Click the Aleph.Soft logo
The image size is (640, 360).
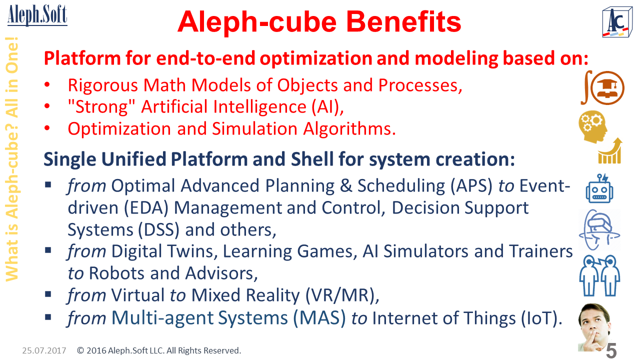[37, 15]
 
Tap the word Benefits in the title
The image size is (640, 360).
[403, 22]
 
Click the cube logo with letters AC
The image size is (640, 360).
[617, 22]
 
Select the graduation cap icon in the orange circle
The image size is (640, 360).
[607, 87]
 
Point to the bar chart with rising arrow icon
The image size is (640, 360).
[610, 151]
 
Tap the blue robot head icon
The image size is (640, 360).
[599, 188]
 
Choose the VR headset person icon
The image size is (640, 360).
[599, 229]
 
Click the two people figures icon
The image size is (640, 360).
[599, 275]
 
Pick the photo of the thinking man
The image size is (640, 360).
[594, 327]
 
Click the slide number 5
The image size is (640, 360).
[611, 350]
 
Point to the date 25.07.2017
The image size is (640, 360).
[44, 350]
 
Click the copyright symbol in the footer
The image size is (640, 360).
[80, 350]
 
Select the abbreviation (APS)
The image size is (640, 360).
[471, 186]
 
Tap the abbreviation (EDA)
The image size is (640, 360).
[146, 208]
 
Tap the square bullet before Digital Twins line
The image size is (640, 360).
[48, 250]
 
